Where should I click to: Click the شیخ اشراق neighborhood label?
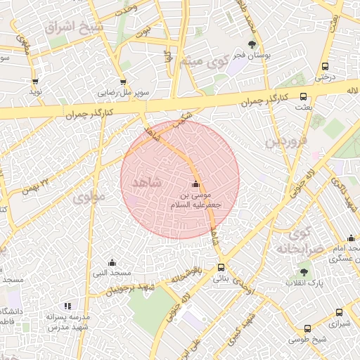pos(73,27)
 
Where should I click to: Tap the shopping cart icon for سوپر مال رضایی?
pos(124,81)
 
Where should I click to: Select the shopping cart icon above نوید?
pos(35,82)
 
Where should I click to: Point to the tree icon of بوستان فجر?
pos(252,44)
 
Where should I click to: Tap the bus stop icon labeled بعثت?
pos(304,96)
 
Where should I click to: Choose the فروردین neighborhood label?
pos(286,141)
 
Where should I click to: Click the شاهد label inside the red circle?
pos(146,181)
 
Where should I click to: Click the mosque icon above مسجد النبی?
pos(111,262)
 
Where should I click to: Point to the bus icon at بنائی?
pos(221,268)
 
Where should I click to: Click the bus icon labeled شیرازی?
pos(340,313)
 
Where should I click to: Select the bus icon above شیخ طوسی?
pos(307,329)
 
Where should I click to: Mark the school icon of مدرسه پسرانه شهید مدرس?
pos(67,306)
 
